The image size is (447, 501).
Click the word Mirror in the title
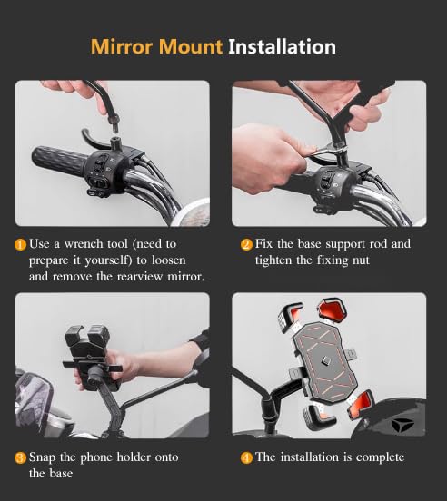(x=122, y=46)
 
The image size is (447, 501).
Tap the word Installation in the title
(x=282, y=46)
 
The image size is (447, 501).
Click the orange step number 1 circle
(x=21, y=245)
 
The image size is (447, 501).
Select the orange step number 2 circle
(x=246, y=245)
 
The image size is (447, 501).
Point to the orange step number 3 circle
(x=21, y=457)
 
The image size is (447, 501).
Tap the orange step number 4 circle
(x=246, y=457)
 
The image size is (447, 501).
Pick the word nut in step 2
(x=361, y=260)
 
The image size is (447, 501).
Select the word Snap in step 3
(x=42, y=457)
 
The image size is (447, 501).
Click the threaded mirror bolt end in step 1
(x=114, y=123)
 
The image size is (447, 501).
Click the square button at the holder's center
(x=326, y=360)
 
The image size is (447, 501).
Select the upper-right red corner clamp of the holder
(x=332, y=309)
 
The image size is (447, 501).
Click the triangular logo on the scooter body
(x=402, y=425)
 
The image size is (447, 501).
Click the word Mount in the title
(x=190, y=46)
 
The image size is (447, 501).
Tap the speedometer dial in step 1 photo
(x=192, y=212)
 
